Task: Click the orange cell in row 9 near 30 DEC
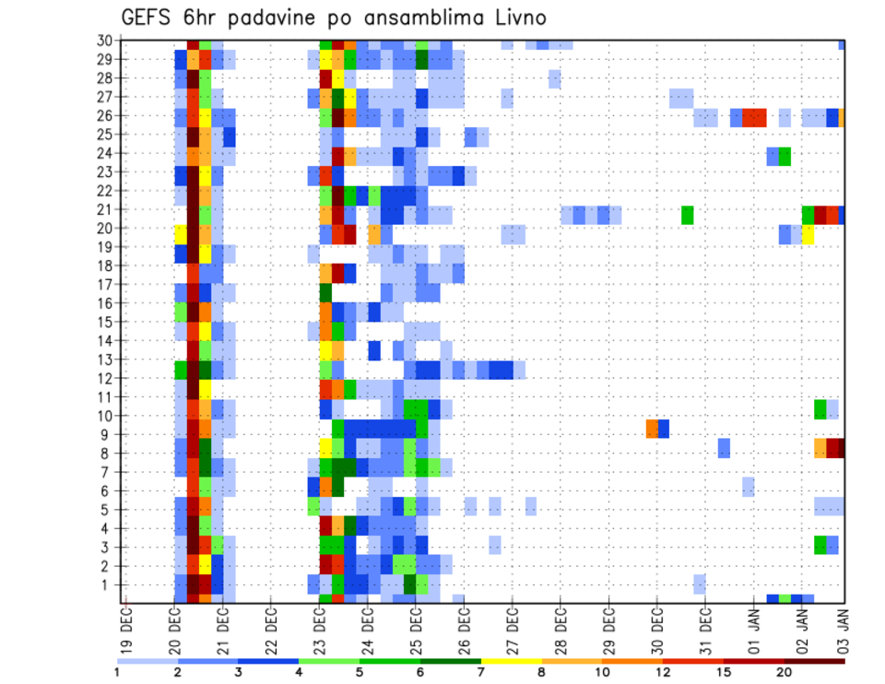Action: coord(652,430)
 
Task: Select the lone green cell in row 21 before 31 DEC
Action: coord(687,215)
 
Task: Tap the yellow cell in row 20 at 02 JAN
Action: coord(808,234)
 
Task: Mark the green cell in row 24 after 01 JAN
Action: coord(785,157)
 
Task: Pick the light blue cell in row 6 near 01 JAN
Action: coord(748,486)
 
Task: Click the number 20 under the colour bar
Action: coord(785,672)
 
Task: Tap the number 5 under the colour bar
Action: coord(360,672)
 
